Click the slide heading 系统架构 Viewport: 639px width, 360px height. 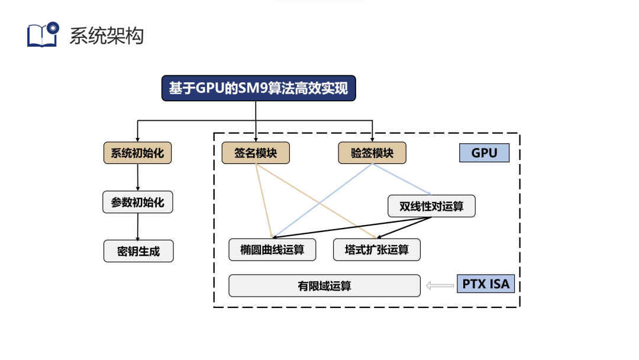click(x=106, y=36)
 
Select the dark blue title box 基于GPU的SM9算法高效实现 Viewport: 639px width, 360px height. click(x=259, y=89)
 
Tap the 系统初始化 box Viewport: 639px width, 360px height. click(x=137, y=153)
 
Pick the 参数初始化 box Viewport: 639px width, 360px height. click(x=138, y=202)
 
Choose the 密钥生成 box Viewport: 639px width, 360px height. click(x=138, y=251)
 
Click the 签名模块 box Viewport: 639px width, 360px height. click(x=256, y=153)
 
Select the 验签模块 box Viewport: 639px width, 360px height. click(x=372, y=153)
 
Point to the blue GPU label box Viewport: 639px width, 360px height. click(x=484, y=153)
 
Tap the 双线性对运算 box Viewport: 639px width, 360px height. click(x=431, y=206)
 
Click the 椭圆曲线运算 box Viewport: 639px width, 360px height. click(x=272, y=250)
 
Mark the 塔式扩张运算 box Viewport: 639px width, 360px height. click(x=377, y=250)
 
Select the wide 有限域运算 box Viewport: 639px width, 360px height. click(x=324, y=286)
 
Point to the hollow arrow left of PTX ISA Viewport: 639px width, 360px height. click(x=438, y=286)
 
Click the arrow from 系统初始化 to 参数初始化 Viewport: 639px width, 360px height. click(x=138, y=177)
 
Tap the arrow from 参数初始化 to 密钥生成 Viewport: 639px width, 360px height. click(x=138, y=227)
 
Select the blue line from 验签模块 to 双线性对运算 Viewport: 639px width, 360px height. click(x=402, y=179)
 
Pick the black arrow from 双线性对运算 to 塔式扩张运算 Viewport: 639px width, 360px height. click(x=408, y=228)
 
